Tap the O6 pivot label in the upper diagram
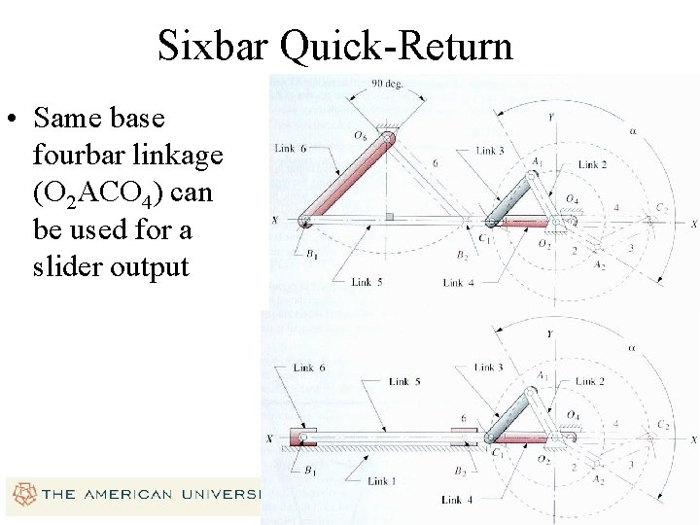pyautogui.click(x=363, y=134)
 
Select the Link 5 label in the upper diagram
pyautogui.click(x=362, y=282)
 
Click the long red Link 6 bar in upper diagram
pyautogui.click(x=347, y=181)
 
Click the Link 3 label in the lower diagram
pyautogui.click(x=489, y=367)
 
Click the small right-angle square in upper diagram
pyautogui.click(x=389, y=216)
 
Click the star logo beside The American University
pyautogui.click(x=20, y=494)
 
